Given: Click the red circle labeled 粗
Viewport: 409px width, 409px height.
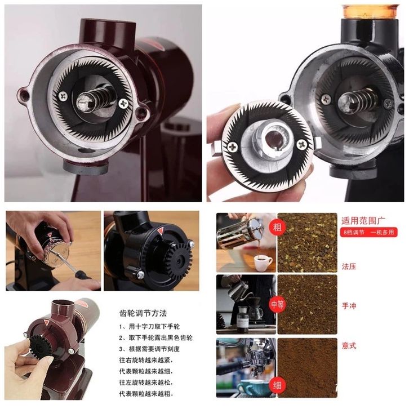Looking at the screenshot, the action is [277, 228].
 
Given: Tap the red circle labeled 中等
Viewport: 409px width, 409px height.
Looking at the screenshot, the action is [277, 304].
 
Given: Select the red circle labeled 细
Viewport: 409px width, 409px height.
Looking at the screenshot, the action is [277, 385].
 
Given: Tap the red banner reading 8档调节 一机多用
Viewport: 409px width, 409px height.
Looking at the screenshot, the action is [368, 232].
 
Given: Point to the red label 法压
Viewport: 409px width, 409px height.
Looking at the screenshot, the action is [349, 266].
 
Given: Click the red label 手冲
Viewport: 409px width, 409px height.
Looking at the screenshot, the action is [349, 306].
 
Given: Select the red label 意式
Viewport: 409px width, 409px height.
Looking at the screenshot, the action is [349, 345].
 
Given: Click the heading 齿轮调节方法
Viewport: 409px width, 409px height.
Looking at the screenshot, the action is [143, 313].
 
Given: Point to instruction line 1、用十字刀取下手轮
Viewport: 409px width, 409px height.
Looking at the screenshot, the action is [149, 327].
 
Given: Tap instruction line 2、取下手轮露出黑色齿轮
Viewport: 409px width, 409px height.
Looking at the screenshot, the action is [155, 338].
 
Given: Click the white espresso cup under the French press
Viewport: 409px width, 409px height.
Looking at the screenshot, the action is [263, 263].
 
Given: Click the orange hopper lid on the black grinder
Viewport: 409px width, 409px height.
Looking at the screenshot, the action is [371, 11].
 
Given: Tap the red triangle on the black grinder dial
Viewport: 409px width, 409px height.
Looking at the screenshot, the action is [160, 231].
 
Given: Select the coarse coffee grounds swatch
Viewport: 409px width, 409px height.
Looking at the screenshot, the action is [307, 243].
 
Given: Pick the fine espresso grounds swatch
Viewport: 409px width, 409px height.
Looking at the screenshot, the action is [307, 368].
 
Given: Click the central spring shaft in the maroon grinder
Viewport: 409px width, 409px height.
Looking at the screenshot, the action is [94, 99].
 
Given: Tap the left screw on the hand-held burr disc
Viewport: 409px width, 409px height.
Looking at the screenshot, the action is [233, 147].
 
